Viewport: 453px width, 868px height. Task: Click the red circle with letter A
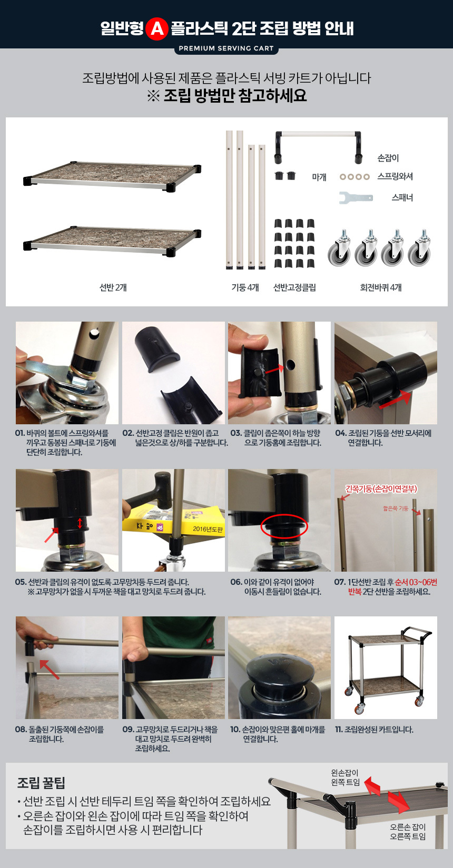pyautogui.click(x=157, y=28)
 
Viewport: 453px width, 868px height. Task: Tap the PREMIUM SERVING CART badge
pyautogui.click(x=226, y=49)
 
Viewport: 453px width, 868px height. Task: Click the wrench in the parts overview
pyautogui.click(x=356, y=197)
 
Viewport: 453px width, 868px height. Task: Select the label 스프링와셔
pyautogui.click(x=395, y=176)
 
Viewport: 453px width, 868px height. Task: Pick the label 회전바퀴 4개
pyautogui.click(x=380, y=287)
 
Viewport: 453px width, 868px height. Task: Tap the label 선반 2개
pyautogui.click(x=113, y=287)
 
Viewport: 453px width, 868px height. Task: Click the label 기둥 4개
pyautogui.click(x=245, y=287)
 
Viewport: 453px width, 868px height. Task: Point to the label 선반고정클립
pyautogui.click(x=294, y=287)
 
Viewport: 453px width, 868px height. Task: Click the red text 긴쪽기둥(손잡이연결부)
pyautogui.click(x=381, y=489)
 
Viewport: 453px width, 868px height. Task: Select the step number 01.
pyautogui.click(x=20, y=433)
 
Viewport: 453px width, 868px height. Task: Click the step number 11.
pyautogui.click(x=339, y=730)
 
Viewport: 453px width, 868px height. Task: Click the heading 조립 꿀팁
pyautogui.click(x=41, y=783)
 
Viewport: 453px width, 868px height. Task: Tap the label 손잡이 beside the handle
pyautogui.click(x=388, y=158)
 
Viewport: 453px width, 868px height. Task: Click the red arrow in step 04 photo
pyautogui.click(x=395, y=400)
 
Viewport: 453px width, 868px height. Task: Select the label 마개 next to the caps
pyautogui.click(x=319, y=177)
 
